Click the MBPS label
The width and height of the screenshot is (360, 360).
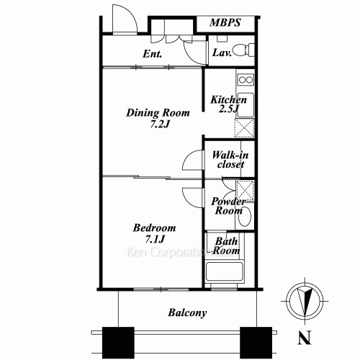pyautogui.click(x=225, y=23)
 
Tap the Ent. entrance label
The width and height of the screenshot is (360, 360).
pyautogui.click(x=151, y=54)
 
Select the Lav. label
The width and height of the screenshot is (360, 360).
pyautogui.click(x=220, y=53)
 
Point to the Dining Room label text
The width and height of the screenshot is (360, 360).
pyautogui.click(x=158, y=112)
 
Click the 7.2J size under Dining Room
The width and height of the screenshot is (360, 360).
pyautogui.click(x=159, y=125)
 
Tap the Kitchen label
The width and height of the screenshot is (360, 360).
pyautogui.click(x=228, y=100)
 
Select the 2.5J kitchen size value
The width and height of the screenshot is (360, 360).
pyautogui.click(x=229, y=111)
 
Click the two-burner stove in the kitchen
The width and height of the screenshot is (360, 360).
pyautogui.click(x=246, y=79)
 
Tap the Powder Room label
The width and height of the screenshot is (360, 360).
pyautogui.click(x=228, y=207)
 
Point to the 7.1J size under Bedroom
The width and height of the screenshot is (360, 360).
pyautogui.click(x=154, y=239)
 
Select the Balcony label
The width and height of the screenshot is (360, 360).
pyautogui.click(x=187, y=312)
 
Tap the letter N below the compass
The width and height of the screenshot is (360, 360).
pyautogui.click(x=305, y=336)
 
